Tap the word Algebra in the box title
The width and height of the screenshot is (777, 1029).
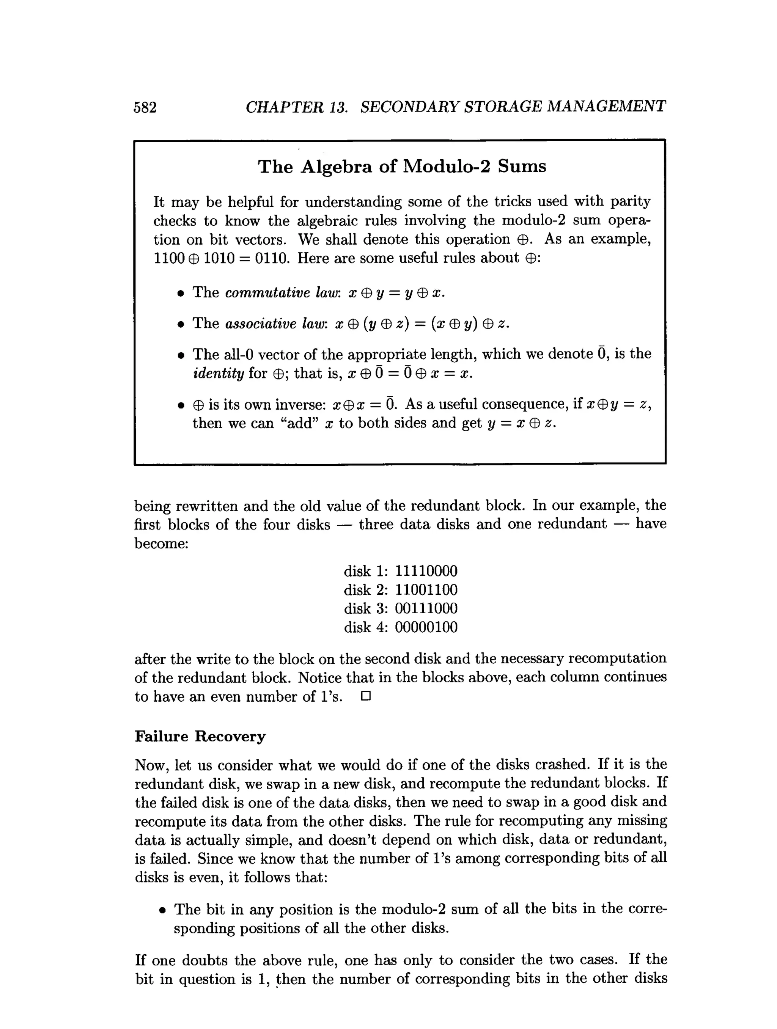coord(336,167)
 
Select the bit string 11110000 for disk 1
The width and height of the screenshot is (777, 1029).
coord(426,571)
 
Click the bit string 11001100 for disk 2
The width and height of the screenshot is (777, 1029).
coord(426,590)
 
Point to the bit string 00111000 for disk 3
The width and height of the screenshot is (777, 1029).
coord(426,608)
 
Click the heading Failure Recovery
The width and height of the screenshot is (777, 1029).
coord(200,737)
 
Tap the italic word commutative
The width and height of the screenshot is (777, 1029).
coord(267,293)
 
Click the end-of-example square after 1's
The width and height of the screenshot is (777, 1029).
coord(365,696)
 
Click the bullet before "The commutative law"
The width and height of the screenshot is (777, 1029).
coord(181,294)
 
